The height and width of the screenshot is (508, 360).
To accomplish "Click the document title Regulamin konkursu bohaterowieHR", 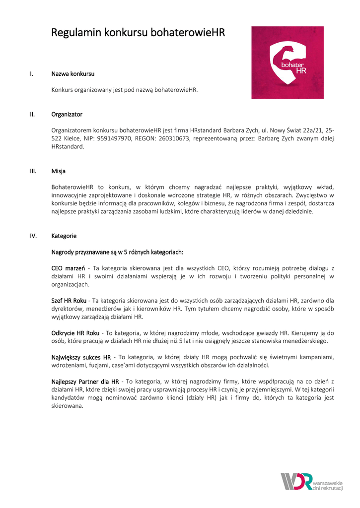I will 138,33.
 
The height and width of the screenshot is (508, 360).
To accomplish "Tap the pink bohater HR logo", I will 287,63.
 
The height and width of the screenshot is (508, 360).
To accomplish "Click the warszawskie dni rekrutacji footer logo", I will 312,482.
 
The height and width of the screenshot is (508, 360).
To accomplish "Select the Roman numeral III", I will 33,171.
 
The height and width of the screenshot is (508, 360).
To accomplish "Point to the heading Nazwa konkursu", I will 73,74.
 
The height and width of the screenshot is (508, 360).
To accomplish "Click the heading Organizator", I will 67,114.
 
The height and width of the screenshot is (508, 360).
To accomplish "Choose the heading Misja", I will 59,171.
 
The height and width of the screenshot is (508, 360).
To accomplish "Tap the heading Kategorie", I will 64,236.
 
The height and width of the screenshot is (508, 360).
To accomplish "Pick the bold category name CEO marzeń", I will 68,268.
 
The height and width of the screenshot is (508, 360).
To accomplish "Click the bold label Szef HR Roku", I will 70,300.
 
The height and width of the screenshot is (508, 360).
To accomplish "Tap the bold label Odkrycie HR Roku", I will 74,332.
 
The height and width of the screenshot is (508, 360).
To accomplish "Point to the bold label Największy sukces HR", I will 81,357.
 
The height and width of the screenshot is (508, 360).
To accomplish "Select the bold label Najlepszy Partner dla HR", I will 85,381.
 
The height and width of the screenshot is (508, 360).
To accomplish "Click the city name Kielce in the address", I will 73,138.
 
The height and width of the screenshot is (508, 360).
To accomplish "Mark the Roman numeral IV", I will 33,236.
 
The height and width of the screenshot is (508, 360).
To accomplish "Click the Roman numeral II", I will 32,114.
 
